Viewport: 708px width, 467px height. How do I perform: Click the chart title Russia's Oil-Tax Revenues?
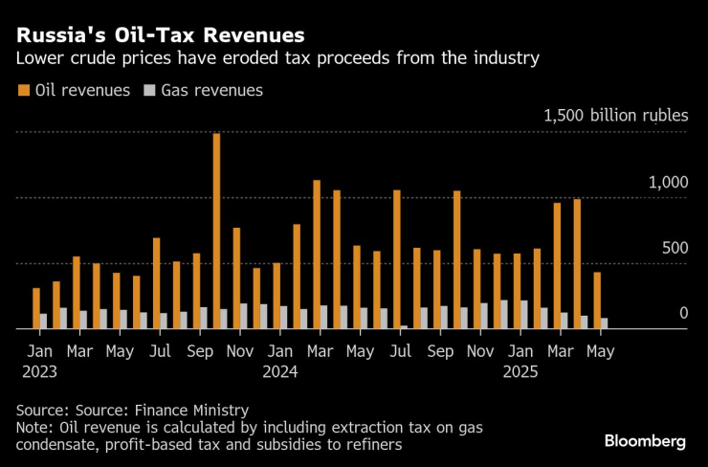[159, 34]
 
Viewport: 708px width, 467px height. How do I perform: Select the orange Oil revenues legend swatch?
[22, 91]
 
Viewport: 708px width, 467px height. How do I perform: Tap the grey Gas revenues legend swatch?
[148, 91]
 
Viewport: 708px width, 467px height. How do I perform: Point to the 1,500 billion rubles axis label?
[615, 116]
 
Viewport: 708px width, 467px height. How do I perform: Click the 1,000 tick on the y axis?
[668, 183]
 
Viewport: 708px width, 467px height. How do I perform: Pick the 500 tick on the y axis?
[674, 248]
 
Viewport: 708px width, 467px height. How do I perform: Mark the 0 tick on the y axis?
[683, 314]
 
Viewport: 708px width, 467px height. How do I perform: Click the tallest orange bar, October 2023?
[216, 231]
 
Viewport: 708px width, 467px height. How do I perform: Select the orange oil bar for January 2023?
[36, 308]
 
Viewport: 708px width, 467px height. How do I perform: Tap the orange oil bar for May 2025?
[597, 300]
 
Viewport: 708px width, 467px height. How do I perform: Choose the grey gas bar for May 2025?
[606, 323]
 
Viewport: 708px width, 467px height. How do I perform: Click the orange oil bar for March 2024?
[317, 254]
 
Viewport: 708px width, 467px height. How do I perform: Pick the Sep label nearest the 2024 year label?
[440, 351]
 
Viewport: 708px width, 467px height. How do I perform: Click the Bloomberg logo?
[645, 441]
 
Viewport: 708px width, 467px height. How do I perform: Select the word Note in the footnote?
[33, 427]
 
